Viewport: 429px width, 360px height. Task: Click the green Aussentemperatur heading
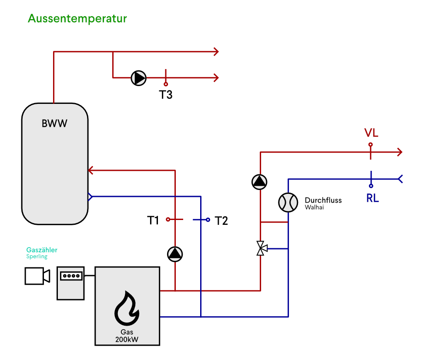point(77,19)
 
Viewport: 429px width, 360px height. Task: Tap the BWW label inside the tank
point(54,123)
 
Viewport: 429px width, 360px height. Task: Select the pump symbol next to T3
point(139,78)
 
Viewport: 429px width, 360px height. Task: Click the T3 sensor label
point(165,95)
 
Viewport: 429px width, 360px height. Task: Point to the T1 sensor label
point(153,220)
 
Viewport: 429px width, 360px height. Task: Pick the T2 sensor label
point(221,221)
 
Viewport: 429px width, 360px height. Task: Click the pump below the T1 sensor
point(175,254)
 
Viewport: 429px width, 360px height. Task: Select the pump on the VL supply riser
point(259,182)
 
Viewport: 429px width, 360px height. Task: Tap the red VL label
point(371,132)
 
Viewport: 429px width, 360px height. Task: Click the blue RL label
point(372,198)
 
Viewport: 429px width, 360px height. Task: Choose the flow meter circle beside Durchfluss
point(288,202)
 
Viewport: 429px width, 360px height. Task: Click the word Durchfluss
point(323,200)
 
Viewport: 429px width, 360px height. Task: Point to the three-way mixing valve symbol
point(261,248)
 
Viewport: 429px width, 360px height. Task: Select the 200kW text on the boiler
point(127,340)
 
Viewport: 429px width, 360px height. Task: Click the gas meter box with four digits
point(70,283)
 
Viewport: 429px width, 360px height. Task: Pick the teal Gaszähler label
point(42,250)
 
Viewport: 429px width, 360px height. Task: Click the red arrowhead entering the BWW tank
point(91,170)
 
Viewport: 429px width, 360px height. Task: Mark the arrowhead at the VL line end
point(399,152)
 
